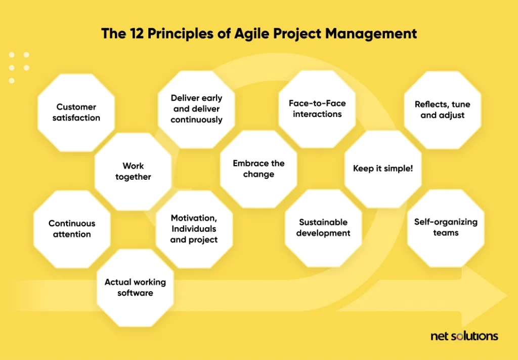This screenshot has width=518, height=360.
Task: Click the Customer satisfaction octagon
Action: [x=76, y=113]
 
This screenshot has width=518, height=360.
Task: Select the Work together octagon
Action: [x=133, y=171]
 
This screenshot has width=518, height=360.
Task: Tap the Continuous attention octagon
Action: [x=72, y=229]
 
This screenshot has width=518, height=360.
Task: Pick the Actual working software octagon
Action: [x=135, y=288]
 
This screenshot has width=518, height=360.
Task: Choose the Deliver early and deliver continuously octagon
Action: [x=196, y=109]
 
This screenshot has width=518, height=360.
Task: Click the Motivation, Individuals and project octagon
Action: [x=194, y=229]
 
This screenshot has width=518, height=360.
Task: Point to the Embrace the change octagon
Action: [x=258, y=169]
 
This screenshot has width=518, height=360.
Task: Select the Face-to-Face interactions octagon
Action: [x=317, y=109]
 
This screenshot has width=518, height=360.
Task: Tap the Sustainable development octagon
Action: [x=323, y=228]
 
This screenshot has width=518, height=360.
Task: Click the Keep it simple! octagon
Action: [x=383, y=169]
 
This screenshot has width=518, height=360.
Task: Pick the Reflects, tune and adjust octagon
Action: [x=442, y=110]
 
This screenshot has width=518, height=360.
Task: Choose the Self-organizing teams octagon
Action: [x=446, y=228]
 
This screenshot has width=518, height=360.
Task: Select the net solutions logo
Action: [x=464, y=337]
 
